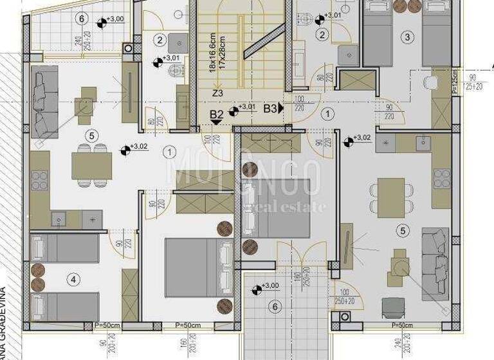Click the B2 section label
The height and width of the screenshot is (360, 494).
[x=217, y=115]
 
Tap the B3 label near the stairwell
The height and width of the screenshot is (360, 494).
[x=270, y=109]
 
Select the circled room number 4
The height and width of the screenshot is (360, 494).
[x=74, y=279]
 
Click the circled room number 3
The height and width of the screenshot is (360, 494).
[x=407, y=37]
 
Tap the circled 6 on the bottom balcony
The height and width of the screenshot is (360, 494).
[x=275, y=307]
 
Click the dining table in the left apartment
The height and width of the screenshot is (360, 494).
[x=92, y=165]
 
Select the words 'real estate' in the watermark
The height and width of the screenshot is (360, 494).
[x=292, y=206]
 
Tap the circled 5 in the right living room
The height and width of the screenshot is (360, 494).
[x=403, y=230]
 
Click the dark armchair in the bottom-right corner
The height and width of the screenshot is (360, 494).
[x=391, y=307]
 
